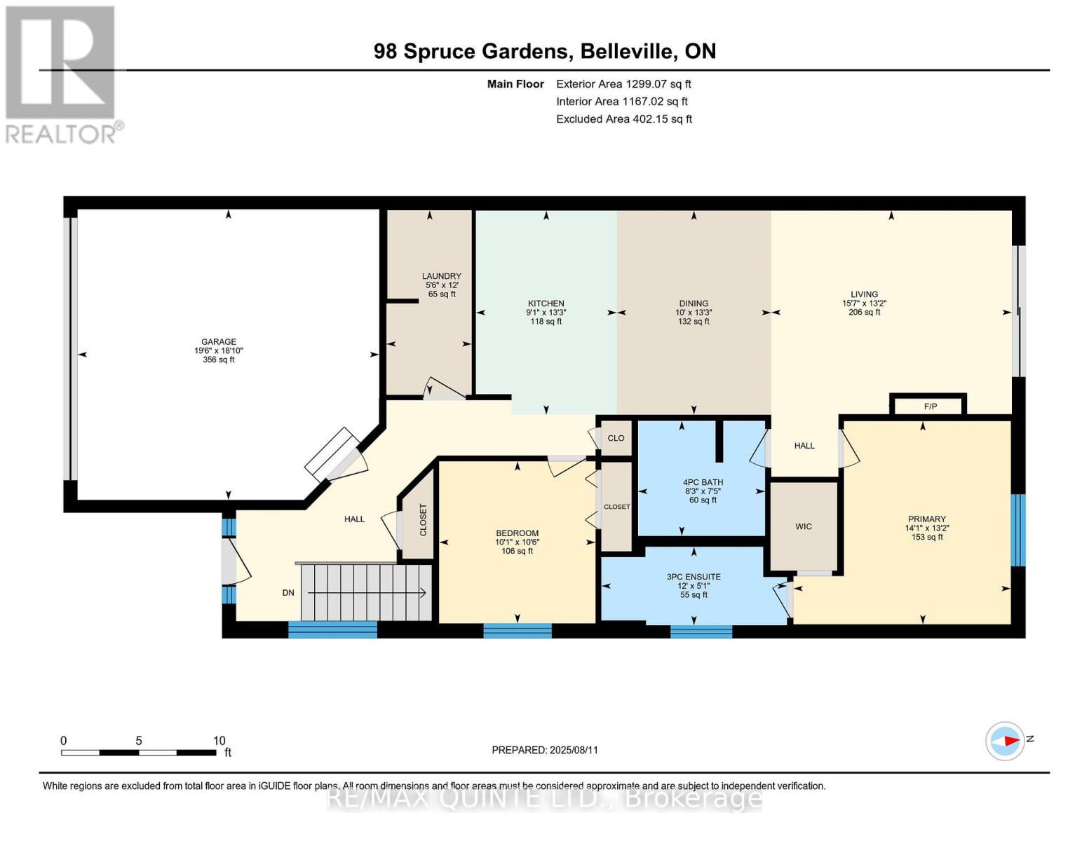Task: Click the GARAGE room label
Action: [219, 341]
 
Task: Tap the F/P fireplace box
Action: [928, 405]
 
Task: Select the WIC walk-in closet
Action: [804, 526]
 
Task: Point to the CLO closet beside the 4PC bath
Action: [616, 438]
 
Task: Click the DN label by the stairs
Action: [288, 593]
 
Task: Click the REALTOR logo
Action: [62, 75]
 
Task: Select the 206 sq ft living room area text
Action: [864, 312]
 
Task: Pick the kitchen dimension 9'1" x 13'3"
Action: [546, 312]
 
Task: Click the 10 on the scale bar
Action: [219, 740]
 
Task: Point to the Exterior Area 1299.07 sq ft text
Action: [623, 84]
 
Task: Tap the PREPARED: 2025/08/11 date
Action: [545, 750]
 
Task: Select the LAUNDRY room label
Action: [442, 276]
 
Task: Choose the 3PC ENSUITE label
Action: [694, 577]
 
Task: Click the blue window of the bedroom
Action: [518, 630]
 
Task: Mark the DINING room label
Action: [694, 303]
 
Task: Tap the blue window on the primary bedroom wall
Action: [1018, 530]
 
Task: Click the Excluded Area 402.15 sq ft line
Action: [624, 119]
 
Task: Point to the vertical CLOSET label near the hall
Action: [422, 520]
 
